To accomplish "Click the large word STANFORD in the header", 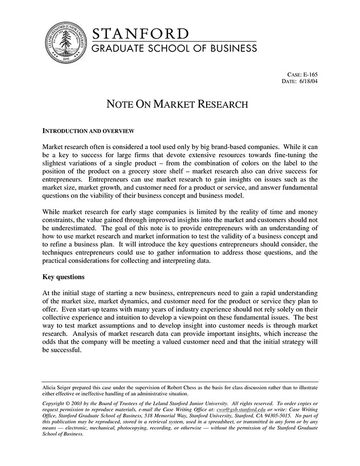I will (x=140, y=34).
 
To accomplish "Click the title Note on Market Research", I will (x=177, y=104).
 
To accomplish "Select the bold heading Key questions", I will (x=63, y=277).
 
